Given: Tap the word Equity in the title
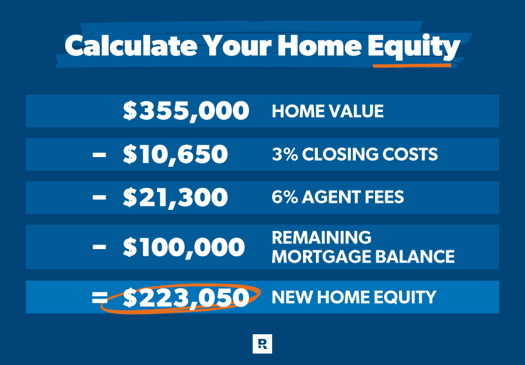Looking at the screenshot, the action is click(414, 47).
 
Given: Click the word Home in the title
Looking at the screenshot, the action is click(320, 46).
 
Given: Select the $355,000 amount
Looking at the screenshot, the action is click(186, 111).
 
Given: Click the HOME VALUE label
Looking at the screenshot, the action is click(327, 111).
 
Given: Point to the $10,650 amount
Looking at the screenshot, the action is click(175, 154).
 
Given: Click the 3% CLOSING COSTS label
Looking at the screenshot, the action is click(355, 154).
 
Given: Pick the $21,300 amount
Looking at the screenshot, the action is click(175, 197).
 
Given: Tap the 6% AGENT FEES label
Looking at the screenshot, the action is click(338, 197).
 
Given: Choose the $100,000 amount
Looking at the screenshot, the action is click(184, 247).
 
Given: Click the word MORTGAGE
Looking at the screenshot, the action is click(322, 257).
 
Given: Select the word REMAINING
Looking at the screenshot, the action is click(322, 238).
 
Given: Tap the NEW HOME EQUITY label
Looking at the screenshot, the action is click(354, 297).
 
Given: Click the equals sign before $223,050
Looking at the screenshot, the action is click(100, 297).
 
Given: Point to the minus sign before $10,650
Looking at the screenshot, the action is click(100, 154).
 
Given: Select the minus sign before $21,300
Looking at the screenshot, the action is click(100, 198).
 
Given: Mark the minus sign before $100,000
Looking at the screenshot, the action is click(100, 247).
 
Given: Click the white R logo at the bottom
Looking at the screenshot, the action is click(262, 344).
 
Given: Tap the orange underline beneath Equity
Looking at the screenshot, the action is click(412, 65).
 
